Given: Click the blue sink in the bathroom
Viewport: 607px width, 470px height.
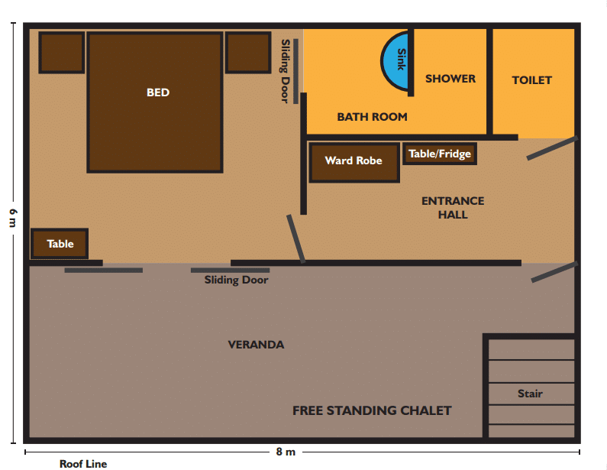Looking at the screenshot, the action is [x=396, y=62].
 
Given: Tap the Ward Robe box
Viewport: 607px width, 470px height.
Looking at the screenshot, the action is [x=354, y=162].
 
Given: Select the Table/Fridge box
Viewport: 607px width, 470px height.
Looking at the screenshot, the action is [x=440, y=154].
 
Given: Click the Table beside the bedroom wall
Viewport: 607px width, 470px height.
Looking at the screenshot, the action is [x=60, y=244].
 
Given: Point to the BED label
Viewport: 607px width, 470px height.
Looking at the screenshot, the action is [x=158, y=92].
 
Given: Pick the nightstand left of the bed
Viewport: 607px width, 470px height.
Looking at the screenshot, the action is [x=62, y=53].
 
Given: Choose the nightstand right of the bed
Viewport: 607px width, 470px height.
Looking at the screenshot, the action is [x=248, y=53].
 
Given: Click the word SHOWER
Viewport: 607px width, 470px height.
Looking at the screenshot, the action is [x=450, y=79].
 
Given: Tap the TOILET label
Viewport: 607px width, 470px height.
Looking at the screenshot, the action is [x=532, y=80].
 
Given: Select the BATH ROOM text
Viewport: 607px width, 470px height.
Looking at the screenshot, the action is [x=372, y=117].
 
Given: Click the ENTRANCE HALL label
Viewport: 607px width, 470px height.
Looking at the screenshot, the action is [x=453, y=208].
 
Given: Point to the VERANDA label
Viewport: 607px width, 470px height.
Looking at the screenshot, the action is [x=256, y=345].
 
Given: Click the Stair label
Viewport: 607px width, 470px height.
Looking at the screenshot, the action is [x=530, y=394].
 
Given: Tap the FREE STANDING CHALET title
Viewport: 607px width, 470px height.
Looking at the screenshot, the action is [x=372, y=410].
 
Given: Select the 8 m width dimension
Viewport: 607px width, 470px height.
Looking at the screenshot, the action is [x=286, y=452].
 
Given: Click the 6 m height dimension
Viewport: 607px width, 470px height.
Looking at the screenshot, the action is [x=14, y=218].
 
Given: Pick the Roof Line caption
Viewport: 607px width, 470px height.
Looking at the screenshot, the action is [x=83, y=464].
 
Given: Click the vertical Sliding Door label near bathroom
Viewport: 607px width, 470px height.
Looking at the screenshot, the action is [x=286, y=71].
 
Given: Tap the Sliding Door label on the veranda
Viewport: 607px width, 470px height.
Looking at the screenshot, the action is [x=236, y=280].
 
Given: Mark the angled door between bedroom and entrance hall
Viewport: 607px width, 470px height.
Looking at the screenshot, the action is [x=296, y=239].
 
